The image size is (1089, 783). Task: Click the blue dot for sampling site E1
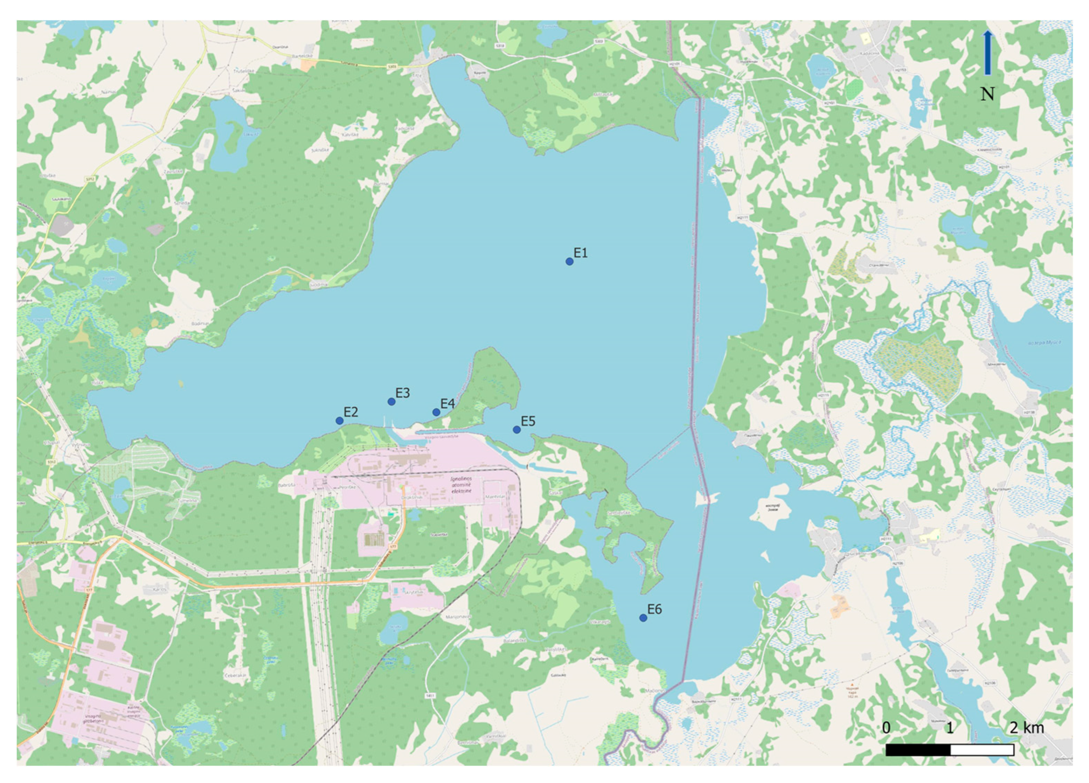(569, 261)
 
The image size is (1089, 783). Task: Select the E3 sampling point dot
(391, 402)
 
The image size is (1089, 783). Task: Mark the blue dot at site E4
(436, 412)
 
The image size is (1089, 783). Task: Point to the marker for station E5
(517, 430)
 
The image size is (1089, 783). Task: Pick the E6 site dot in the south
(643, 618)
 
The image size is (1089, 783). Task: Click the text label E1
(580, 253)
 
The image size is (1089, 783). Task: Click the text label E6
(654, 609)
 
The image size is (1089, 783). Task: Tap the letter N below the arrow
(987, 94)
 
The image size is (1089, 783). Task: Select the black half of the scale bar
(918, 750)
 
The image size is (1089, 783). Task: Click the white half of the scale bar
(982, 750)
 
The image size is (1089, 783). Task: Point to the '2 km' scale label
(1027, 728)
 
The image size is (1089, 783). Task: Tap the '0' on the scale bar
(887, 728)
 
